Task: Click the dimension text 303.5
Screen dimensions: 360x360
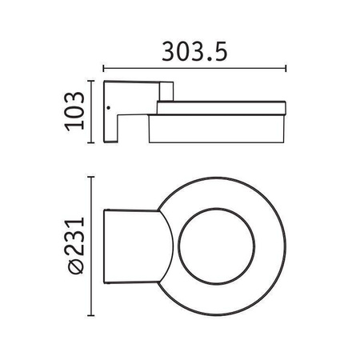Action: click(x=194, y=51)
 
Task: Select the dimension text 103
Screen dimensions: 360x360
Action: click(x=75, y=111)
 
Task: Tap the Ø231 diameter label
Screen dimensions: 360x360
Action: click(x=75, y=246)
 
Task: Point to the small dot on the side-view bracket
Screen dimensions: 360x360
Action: click(x=108, y=108)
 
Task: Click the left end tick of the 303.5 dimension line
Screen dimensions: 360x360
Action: click(x=103, y=68)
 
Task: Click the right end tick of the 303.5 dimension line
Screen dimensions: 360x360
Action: click(x=286, y=68)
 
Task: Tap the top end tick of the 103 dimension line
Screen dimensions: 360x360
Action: click(x=91, y=81)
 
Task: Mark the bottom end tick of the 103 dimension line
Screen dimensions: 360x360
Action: click(x=91, y=143)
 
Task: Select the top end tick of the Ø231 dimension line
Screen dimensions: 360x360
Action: click(x=91, y=177)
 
